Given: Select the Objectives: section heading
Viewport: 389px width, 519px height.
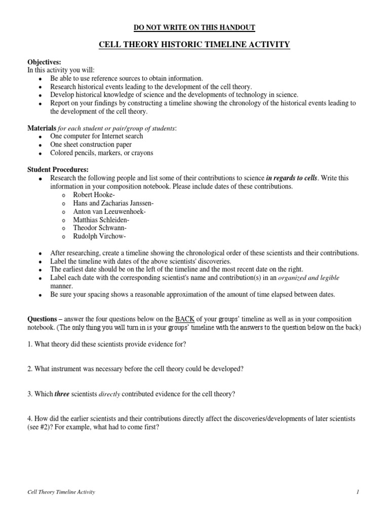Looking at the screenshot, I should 44,62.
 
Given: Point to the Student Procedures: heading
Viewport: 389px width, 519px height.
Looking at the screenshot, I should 56,169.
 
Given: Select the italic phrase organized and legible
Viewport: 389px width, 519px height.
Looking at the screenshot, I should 310,278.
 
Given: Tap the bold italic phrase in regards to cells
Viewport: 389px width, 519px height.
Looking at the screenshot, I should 293,178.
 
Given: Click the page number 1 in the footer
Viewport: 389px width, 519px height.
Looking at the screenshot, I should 357,492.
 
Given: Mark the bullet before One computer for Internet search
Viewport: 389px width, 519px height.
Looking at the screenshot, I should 40,136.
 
